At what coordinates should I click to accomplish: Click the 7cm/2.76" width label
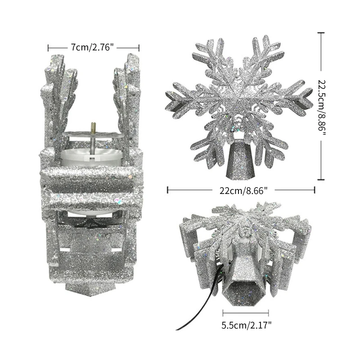pos(92,48)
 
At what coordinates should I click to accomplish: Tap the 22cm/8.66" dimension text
pos(243,190)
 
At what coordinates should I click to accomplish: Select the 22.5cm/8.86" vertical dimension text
pos(322,106)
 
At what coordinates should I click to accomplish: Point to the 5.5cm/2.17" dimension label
pos(246,325)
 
